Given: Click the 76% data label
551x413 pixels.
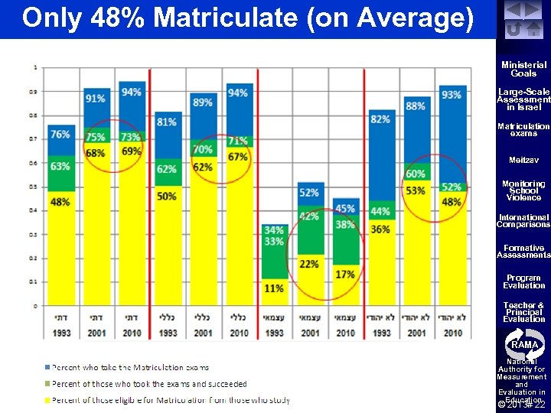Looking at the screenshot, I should tap(60, 135).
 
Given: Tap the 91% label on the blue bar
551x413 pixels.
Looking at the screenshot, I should tap(96, 99).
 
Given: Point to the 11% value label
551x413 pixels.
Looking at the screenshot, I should tap(273, 288).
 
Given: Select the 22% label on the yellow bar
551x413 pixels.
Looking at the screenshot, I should tap(309, 264).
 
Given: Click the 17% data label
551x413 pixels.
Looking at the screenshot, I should tap(344, 274).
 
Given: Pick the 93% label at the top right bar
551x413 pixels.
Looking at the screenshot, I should tap(452, 95).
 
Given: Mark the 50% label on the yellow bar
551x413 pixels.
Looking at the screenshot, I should tap(167, 197).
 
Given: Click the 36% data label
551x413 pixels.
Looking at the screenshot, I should tap(380, 229).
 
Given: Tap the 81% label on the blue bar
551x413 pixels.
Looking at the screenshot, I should tap(167, 122).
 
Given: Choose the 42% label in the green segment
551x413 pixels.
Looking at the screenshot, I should tap(309, 216).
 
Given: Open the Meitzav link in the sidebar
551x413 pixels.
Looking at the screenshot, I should tap(523, 161).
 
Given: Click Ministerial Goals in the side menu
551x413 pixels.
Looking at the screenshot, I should tap(523, 70).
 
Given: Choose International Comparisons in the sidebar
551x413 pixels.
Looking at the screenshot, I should tap(523, 221).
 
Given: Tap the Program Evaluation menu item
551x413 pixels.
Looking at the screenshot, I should tap(523, 281).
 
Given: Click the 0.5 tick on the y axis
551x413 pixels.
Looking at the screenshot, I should tap(35, 187).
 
